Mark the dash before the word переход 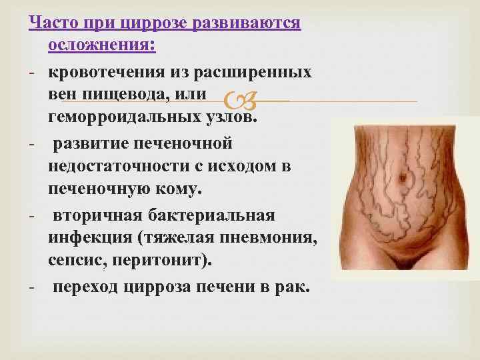[x=33, y=287]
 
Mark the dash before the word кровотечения [x=33, y=73]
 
